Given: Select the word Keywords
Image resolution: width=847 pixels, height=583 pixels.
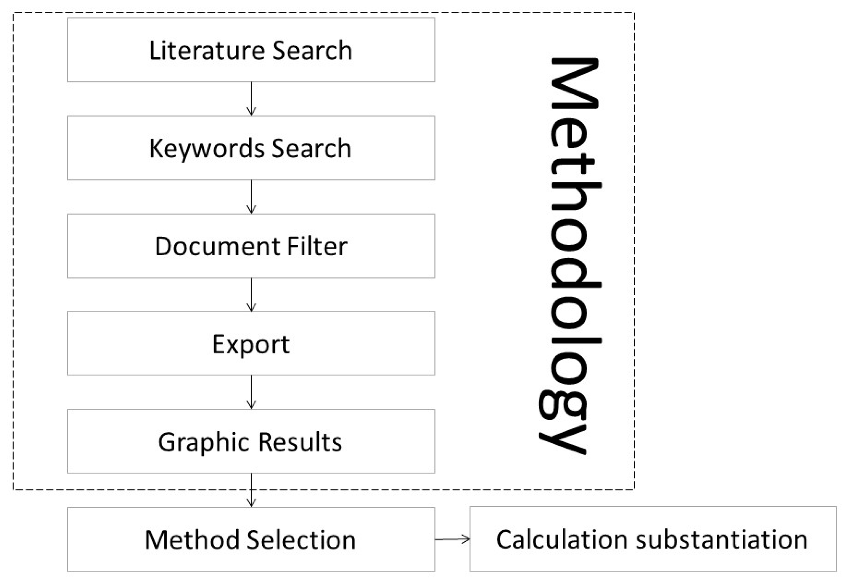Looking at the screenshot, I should click(x=207, y=149).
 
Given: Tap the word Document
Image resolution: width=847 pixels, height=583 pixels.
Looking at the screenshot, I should click(x=217, y=246).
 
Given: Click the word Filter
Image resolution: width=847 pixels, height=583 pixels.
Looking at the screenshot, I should click(x=317, y=246).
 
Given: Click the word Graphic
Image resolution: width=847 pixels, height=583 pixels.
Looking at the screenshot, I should click(x=204, y=442).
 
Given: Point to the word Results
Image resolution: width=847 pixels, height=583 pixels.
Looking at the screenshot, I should click(x=300, y=442).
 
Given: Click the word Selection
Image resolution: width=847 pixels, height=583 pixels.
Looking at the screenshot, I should click(x=301, y=540).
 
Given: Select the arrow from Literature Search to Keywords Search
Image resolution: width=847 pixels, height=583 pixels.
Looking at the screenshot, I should click(x=251, y=99).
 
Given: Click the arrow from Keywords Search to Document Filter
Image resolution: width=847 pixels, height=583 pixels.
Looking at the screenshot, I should click(x=251, y=197).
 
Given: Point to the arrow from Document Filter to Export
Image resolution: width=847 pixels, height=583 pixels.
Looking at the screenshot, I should click(x=251, y=295).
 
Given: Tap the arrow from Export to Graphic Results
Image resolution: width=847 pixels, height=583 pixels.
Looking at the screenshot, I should click(x=251, y=392).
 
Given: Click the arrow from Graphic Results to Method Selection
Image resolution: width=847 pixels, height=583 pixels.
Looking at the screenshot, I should click(x=251, y=490).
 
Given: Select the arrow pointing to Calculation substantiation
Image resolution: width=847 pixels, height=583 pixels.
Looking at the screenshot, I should click(x=452, y=539).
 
